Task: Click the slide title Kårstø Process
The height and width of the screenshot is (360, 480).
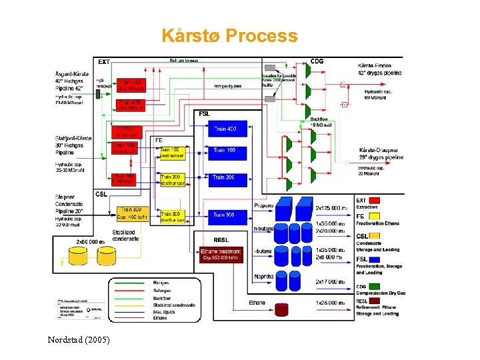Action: pos(229,36)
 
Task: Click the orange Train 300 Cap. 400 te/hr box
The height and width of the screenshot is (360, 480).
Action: pos(131,213)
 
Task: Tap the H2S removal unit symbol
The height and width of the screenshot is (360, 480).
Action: pos(97,94)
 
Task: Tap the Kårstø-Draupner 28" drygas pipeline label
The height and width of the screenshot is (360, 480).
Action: pos(381,153)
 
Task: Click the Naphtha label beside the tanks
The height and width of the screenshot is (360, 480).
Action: pos(263,277)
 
